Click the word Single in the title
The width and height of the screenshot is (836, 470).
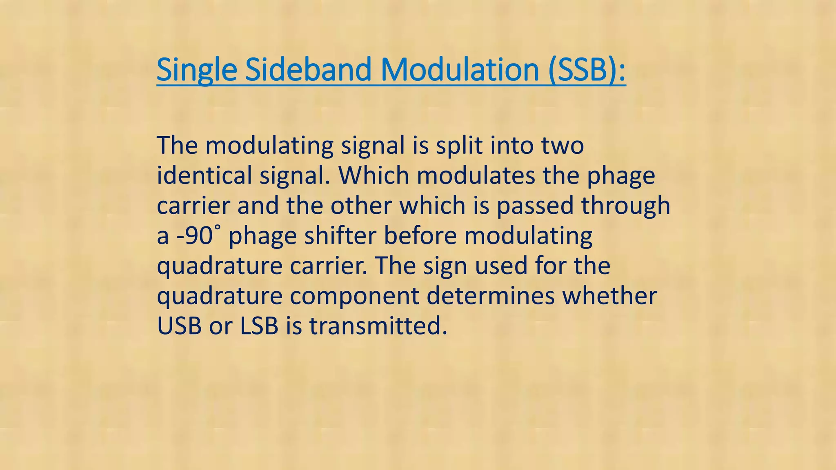click(x=196, y=70)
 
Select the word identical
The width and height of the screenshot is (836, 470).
click(x=205, y=175)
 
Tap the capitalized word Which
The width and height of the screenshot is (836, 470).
click(x=374, y=175)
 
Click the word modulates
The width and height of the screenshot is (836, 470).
click(x=476, y=175)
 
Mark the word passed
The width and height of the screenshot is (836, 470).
click(x=535, y=206)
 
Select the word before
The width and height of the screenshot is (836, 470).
click(x=420, y=236)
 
